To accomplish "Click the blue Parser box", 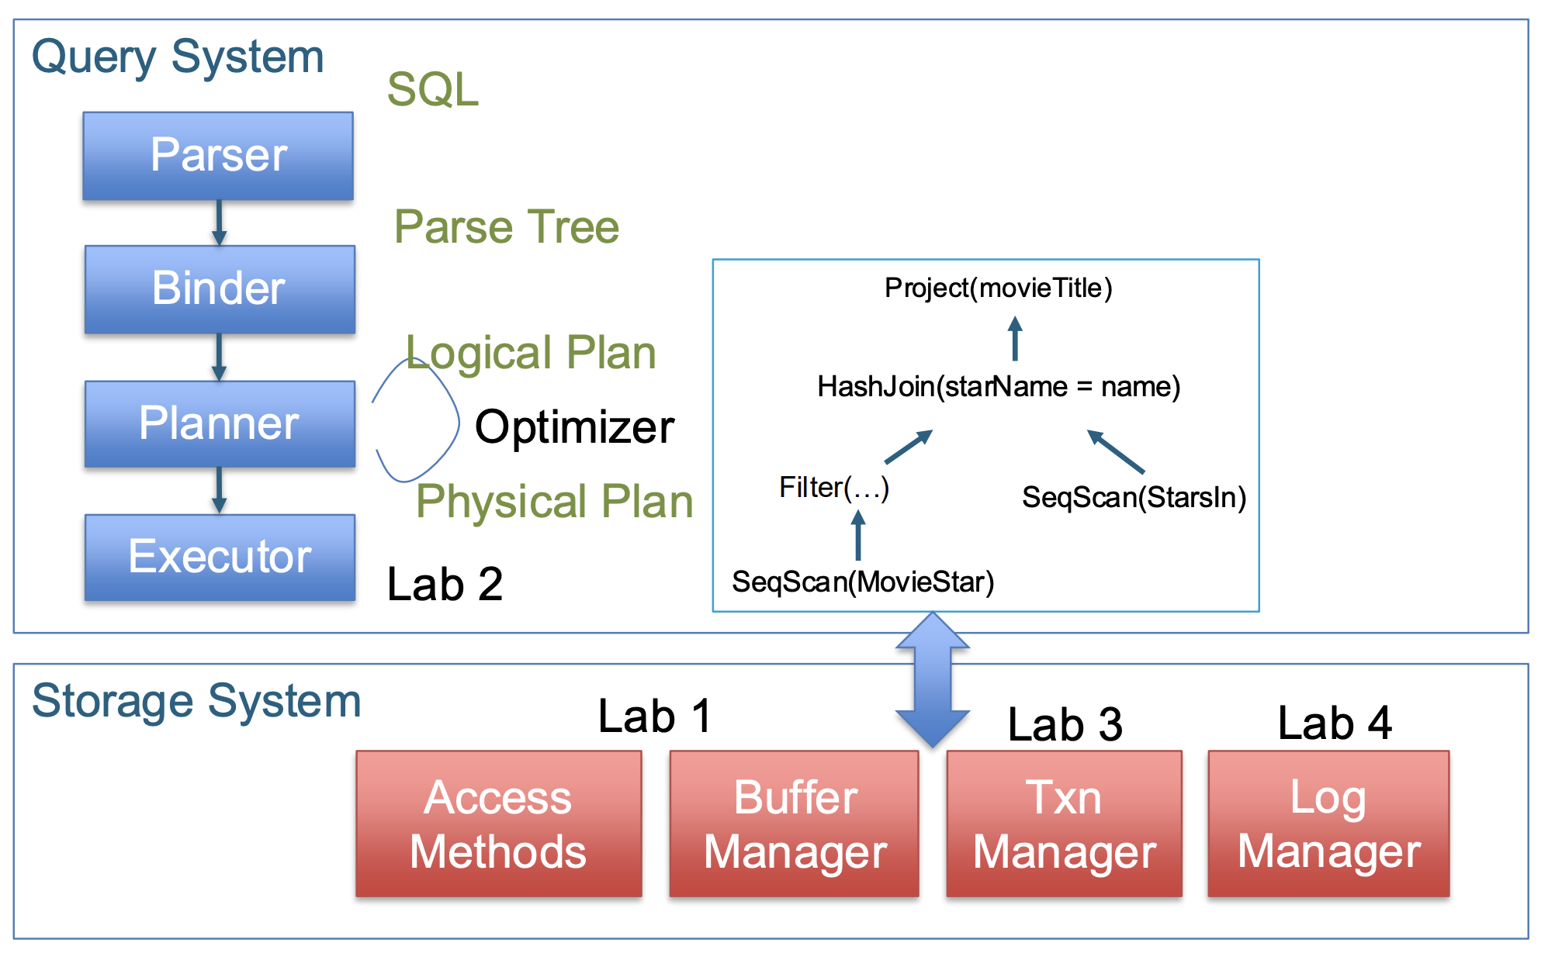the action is point(218,156).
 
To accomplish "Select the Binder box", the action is point(220,289).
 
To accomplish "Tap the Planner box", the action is point(220,423).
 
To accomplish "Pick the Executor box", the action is point(220,557).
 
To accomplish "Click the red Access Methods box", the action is point(498,824).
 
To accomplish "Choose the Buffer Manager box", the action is point(794,824).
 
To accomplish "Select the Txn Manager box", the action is point(1064,824).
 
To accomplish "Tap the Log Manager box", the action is point(1328,824).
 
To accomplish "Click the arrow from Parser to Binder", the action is point(220,223).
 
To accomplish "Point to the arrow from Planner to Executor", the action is point(220,490).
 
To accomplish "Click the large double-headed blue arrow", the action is point(932,680).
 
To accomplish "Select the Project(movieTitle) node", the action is point(999,288).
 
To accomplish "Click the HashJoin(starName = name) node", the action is point(999,386).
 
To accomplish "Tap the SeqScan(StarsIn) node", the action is point(1134,497).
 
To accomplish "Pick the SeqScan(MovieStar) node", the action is point(863,582).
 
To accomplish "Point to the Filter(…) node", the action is point(834,488).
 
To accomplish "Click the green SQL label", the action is point(433,89).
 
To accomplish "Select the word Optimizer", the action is point(574,427).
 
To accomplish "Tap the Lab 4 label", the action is point(1335,723).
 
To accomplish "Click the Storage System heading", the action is point(196,701).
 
